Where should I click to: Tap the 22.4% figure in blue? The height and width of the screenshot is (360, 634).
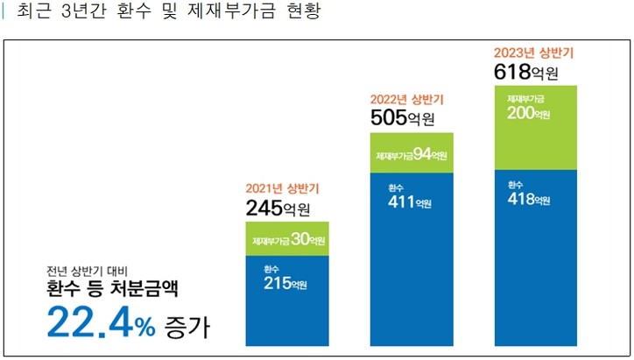(100, 323)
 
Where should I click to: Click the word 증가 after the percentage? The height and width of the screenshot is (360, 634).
(187, 328)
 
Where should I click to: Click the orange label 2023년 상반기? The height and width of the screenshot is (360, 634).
(534, 53)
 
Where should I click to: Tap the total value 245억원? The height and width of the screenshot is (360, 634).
(278, 209)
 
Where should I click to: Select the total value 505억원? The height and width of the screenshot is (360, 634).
(403, 119)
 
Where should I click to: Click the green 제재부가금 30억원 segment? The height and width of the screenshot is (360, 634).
(287, 239)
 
